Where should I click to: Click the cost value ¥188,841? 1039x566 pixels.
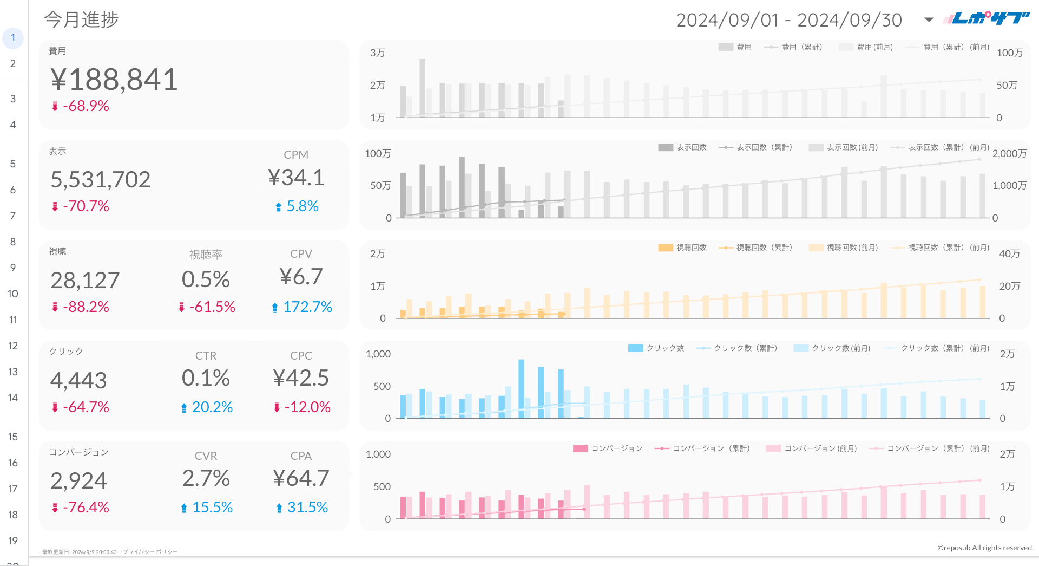tap(114, 80)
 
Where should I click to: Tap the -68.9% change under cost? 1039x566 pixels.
tap(86, 106)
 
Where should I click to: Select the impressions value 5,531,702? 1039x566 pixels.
tap(100, 180)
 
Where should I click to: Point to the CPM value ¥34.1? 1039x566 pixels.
tap(296, 178)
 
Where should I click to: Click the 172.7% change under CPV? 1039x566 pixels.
tap(307, 307)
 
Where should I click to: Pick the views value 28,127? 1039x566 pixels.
tap(85, 281)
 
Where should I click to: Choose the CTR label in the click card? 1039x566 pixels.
tap(206, 356)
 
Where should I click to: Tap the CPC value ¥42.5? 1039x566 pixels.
tap(301, 378)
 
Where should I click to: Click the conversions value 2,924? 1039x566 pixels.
tap(78, 481)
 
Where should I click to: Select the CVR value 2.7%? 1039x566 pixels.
tap(206, 478)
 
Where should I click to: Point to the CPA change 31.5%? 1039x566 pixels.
tap(307, 508)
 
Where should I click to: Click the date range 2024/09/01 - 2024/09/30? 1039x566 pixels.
tap(789, 21)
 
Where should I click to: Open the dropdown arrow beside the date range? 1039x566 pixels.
tap(929, 20)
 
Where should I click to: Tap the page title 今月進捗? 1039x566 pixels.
tap(81, 19)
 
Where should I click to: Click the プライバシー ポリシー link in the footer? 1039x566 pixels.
tap(150, 552)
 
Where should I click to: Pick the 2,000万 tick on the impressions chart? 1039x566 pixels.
tap(1009, 154)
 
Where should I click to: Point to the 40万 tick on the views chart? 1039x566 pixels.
tap(1009, 254)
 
